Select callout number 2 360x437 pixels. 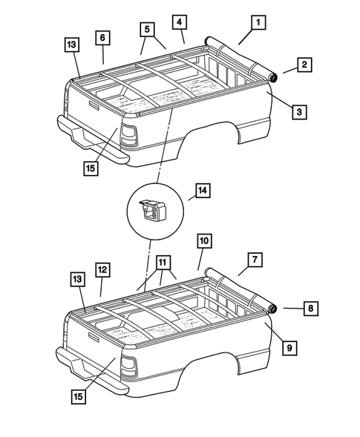coord(304,65)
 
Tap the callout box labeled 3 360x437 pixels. coord(298,112)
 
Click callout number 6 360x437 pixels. coord(102,37)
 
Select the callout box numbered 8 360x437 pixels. coord(310,306)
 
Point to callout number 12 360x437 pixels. coord(102,269)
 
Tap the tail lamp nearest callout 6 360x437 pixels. coord(129,135)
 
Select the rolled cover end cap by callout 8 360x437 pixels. coord(272,307)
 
